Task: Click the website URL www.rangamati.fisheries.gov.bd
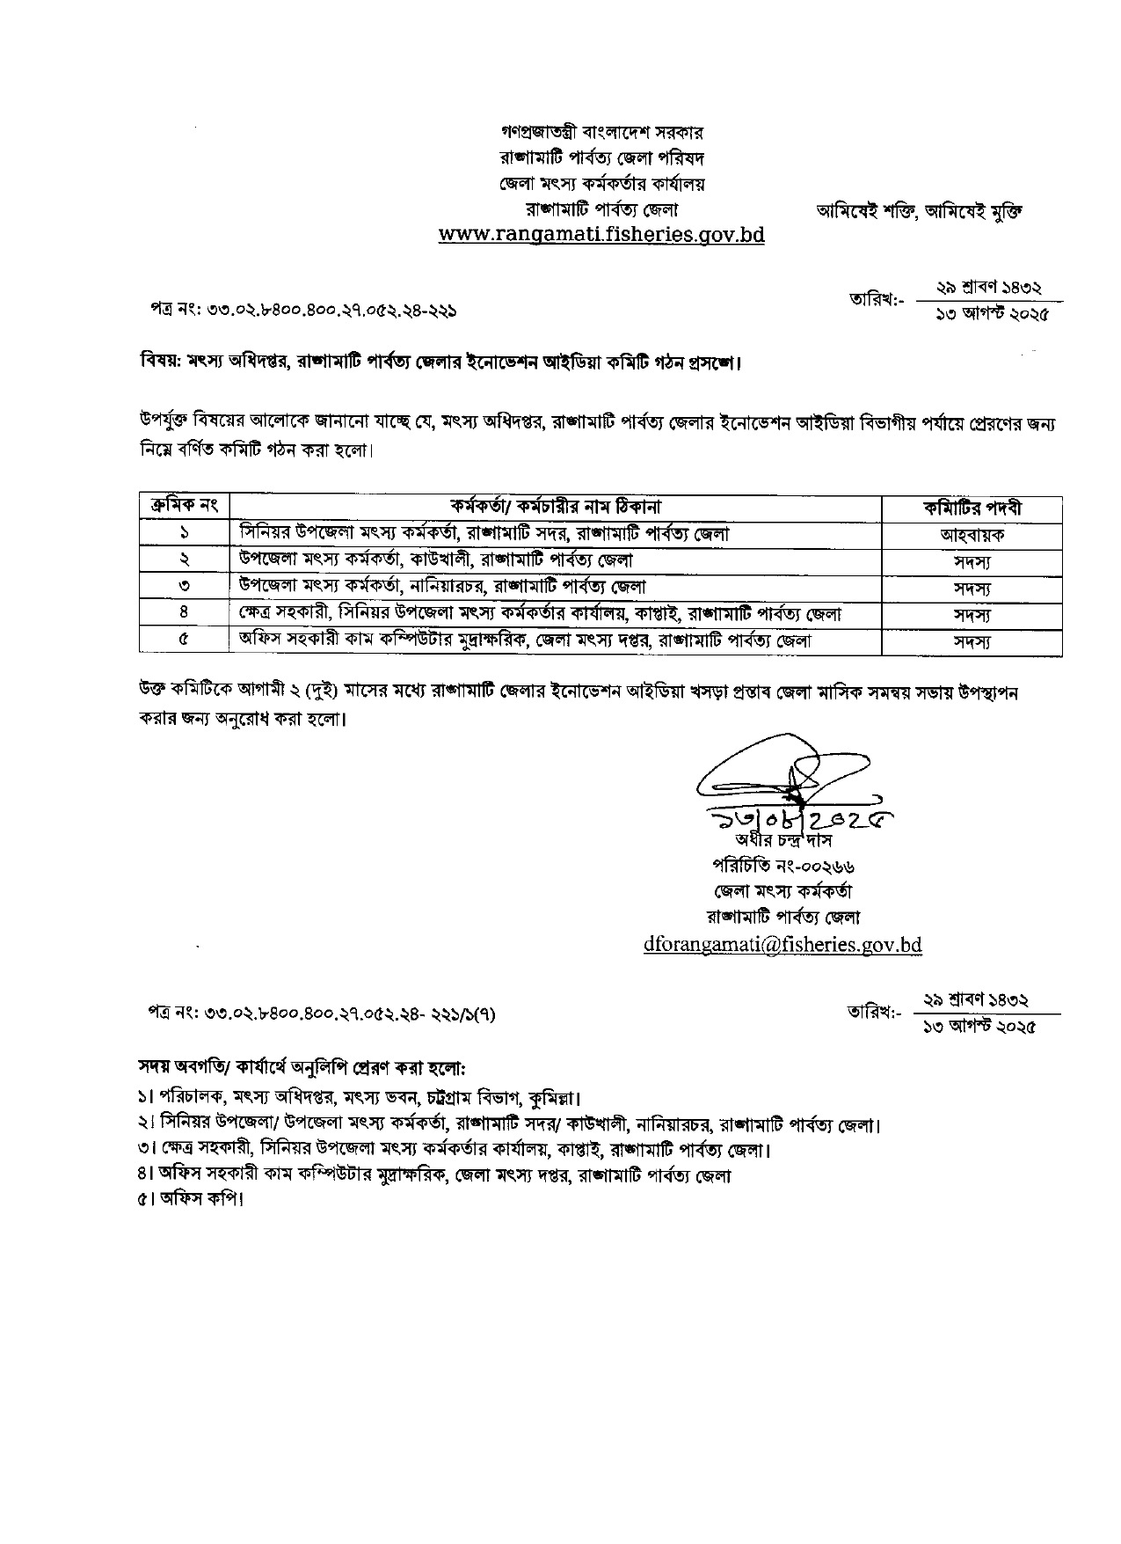tap(601, 235)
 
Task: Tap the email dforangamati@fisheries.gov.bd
tap(783, 944)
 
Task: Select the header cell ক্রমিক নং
tap(184, 507)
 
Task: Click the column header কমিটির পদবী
tap(972, 508)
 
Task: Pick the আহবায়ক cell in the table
tap(972, 534)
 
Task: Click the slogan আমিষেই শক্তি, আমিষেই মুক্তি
tap(920, 211)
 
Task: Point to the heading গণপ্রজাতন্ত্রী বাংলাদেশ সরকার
tap(601, 133)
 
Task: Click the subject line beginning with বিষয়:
tap(440, 362)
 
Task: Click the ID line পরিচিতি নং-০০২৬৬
tap(783, 866)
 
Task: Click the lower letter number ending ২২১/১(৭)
tap(322, 1013)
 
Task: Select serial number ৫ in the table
tap(184, 640)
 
